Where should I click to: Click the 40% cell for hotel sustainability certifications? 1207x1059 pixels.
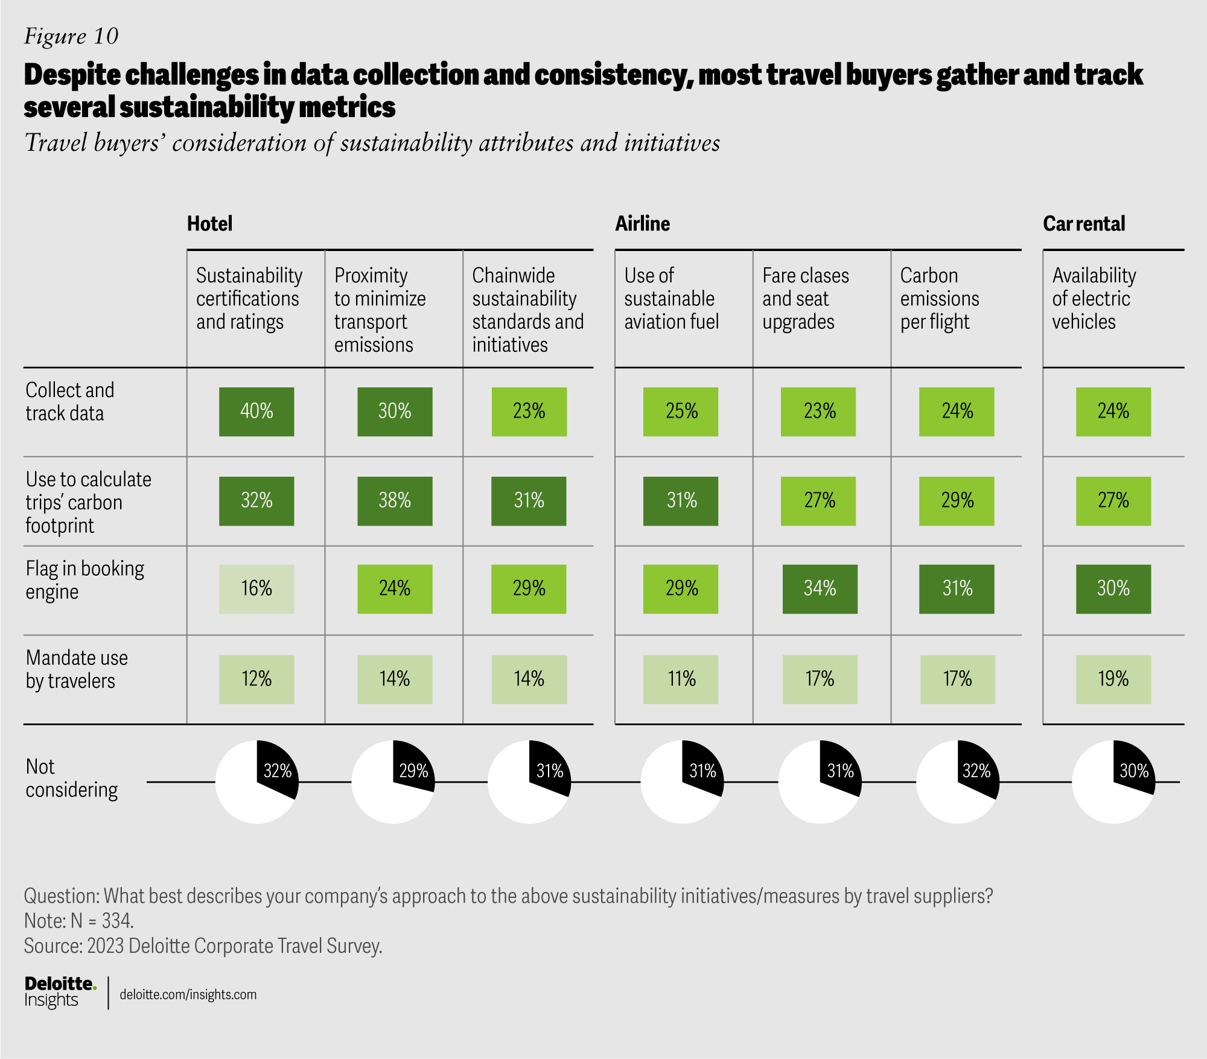coord(256,412)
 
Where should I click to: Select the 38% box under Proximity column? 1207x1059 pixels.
coord(395,501)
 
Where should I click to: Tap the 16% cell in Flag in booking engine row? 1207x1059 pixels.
coord(256,589)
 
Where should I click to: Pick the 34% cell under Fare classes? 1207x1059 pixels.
coord(820,589)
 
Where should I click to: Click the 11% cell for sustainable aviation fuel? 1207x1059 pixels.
coord(681,679)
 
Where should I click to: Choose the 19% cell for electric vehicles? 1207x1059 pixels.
coord(1113,679)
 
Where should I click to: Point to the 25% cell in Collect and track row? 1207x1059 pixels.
coord(681,412)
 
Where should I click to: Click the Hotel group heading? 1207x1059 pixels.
coord(209,224)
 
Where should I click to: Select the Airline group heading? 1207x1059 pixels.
coord(642,224)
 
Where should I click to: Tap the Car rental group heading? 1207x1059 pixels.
coord(1084,224)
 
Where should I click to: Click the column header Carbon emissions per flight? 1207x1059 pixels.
coord(939,299)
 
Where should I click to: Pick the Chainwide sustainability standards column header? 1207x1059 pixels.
coord(527,310)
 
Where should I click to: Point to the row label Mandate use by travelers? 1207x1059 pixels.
coord(77,669)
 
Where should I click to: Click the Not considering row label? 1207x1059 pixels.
coord(71,778)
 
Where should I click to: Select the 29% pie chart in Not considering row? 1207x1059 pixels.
coord(393,782)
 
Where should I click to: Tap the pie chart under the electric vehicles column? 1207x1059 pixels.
coord(1113,782)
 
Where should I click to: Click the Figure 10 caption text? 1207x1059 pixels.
coord(71,36)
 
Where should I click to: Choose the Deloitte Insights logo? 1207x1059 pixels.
coord(60,992)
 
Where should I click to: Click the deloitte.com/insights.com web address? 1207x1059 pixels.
coord(188,994)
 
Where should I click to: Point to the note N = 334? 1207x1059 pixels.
coord(79,921)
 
